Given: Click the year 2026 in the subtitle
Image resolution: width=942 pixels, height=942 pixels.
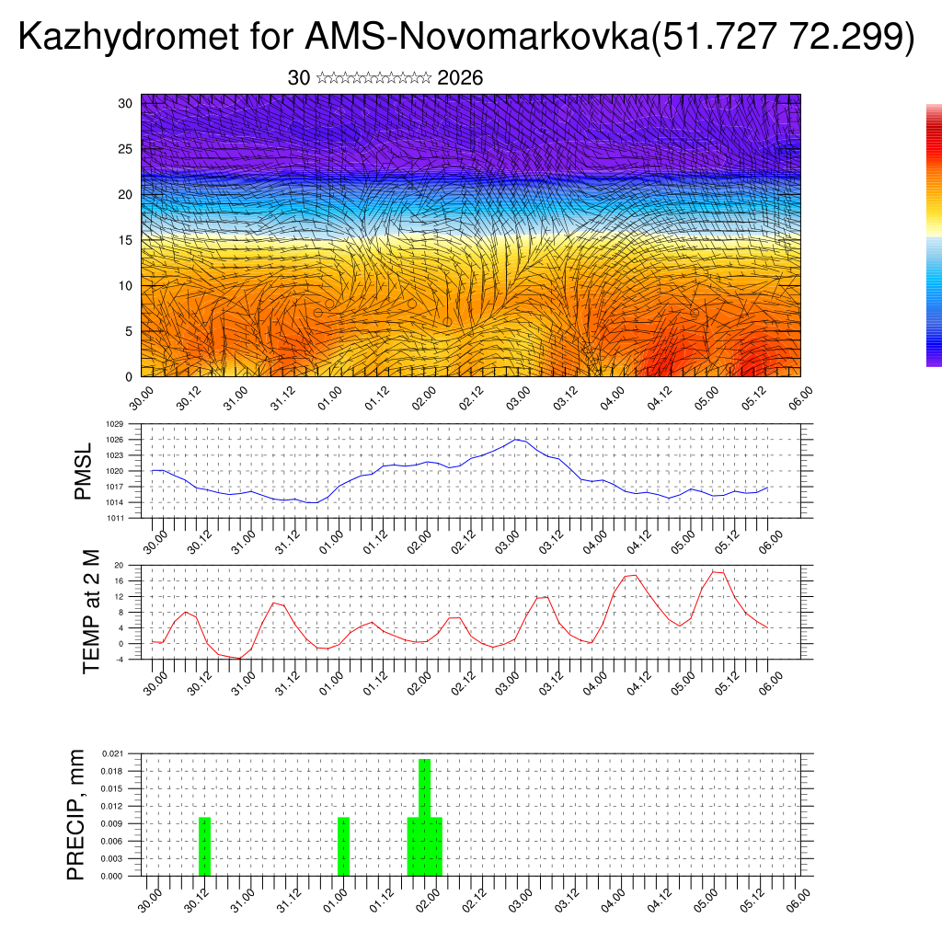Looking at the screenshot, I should tap(460, 78).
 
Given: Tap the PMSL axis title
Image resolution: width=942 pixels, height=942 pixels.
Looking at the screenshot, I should tap(83, 471).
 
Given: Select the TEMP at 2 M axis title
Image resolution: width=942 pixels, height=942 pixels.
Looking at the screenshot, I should tap(91, 611).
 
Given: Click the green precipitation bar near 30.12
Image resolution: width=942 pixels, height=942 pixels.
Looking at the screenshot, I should tap(205, 846).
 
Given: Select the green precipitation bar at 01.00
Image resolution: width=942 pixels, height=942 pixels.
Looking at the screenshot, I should tap(343, 846).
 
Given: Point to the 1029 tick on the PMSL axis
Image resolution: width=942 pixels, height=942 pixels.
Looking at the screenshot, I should tap(114, 424).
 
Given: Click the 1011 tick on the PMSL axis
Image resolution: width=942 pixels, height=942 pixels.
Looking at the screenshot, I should tap(114, 518).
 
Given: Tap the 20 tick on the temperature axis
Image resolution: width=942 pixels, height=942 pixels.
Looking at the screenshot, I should tap(119, 565).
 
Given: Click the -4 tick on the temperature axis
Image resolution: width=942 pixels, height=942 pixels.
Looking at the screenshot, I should tap(119, 659).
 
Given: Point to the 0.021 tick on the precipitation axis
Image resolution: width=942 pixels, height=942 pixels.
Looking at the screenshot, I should tap(112, 753).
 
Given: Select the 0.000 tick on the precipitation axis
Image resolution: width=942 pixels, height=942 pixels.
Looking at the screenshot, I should tap(112, 877).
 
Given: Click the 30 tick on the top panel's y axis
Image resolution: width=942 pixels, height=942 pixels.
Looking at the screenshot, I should tap(126, 103).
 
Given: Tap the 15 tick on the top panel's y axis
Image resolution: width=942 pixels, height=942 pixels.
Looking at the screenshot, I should tap(126, 240).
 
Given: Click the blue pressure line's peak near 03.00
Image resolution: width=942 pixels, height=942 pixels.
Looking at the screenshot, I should tap(516, 439).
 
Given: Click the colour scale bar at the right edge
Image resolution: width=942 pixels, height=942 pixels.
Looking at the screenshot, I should tap(934, 235).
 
